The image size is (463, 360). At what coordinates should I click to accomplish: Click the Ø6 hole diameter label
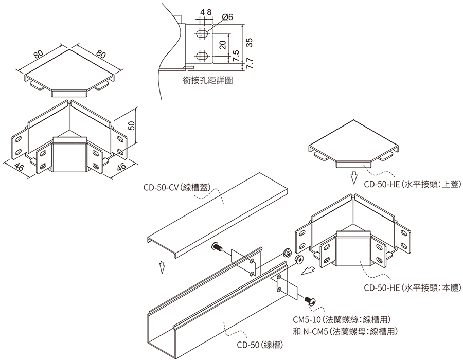point(227,17)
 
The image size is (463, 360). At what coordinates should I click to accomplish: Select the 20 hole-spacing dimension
point(222,44)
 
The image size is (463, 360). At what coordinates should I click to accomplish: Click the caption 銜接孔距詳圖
point(208,80)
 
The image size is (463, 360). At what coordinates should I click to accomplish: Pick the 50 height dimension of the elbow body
point(131,127)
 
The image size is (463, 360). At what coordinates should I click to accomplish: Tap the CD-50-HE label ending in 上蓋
point(412,184)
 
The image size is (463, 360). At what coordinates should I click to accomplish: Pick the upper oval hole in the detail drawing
point(203,33)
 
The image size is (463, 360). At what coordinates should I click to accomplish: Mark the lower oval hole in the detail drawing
point(203,55)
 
